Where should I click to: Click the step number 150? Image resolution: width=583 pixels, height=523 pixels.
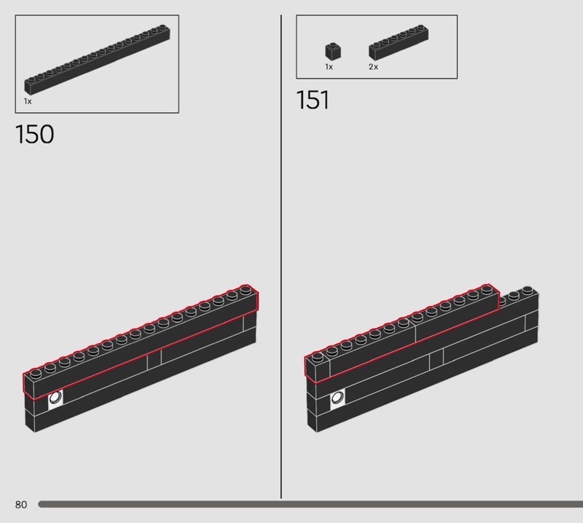click(34, 134)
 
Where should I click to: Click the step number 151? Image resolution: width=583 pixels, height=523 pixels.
click(313, 100)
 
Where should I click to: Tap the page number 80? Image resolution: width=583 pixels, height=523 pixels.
click(21, 504)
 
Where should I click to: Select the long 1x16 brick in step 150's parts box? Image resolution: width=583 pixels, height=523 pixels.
click(98, 59)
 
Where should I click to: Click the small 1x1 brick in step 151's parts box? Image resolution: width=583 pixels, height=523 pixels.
click(333, 51)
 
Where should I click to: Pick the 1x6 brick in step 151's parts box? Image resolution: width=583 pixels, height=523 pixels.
click(399, 42)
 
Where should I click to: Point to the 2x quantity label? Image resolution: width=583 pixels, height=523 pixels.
click(373, 67)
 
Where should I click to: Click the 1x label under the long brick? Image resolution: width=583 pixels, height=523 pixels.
click(28, 101)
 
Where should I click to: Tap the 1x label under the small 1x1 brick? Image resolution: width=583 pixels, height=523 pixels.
click(329, 67)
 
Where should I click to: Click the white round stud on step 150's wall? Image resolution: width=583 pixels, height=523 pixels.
click(55, 398)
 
